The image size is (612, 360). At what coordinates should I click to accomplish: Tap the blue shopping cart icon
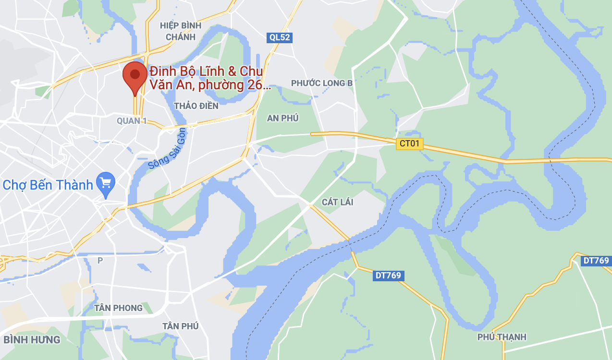[x=106, y=183]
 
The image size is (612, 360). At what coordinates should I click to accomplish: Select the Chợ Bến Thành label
[x=48, y=185]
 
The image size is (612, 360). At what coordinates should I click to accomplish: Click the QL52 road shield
[x=280, y=37]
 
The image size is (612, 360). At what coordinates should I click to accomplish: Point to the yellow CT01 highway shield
[x=410, y=143]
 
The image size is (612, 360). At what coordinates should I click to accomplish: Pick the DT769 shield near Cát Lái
[x=388, y=276]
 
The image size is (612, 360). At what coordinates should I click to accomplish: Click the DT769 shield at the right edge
[x=596, y=261]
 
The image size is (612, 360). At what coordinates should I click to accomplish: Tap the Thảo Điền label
[x=196, y=106]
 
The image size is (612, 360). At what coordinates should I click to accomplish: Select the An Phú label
[x=283, y=118]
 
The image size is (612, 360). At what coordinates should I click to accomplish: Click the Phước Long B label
[x=322, y=83]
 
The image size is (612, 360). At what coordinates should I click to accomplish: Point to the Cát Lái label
[x=337, y=202]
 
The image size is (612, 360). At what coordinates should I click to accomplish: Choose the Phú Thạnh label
[x=502, y=337]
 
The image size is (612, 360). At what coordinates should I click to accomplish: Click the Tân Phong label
[x=119, y=308]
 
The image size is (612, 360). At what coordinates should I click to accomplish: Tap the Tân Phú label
[x=180, y=326]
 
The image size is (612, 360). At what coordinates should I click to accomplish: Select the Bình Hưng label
[x=32, y=340]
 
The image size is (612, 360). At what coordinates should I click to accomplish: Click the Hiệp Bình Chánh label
[x=180, y=31]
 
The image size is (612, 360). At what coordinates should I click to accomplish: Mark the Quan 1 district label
[x=132, y=121]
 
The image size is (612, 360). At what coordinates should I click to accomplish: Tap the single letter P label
[x=100, y=260]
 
